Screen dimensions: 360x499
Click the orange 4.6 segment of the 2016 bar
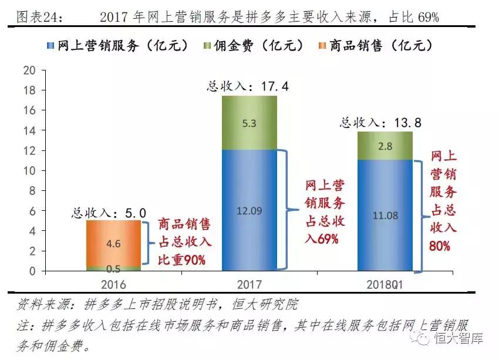pos(114,243)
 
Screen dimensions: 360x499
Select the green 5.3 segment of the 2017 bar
pos(249,123)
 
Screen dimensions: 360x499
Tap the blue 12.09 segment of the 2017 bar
pos(249,210)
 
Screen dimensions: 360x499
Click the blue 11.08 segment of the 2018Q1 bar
pos(385,216)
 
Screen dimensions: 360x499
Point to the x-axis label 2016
pos(113,284)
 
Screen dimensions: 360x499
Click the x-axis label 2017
pos(249,284)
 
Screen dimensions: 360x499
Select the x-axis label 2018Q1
pos(385,284)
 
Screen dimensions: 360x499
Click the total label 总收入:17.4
pos(248,86)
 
